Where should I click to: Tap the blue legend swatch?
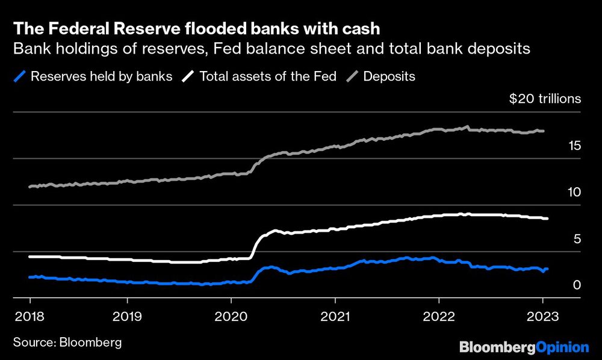pyautogui.click(x=20, y=76)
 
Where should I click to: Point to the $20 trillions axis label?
pyautogui.click(x=545, y=99)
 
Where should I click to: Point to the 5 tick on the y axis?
pyautogui.click(x=577, y=238)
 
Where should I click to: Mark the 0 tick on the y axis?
pyautogui.click(x=577, y=285)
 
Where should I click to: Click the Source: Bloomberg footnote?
pyautogui.click(x=67, y=343)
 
